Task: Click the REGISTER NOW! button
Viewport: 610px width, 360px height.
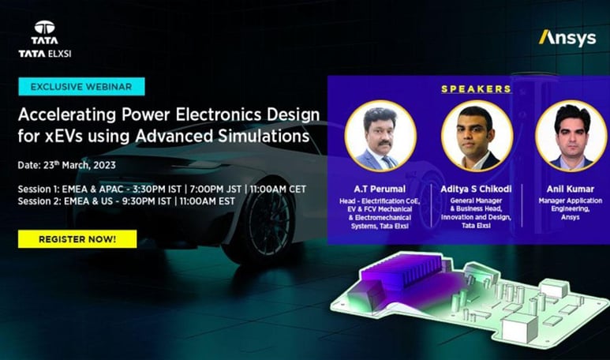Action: tap(77, 238)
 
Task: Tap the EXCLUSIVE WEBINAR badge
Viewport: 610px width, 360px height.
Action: tap(81, 86)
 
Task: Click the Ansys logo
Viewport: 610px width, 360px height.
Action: tap(567, 37)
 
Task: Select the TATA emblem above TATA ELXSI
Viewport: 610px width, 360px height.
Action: tap(45, 29)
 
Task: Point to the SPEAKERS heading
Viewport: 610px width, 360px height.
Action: tap(476, 88)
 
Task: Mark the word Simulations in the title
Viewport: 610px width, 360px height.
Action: tap(265, 135)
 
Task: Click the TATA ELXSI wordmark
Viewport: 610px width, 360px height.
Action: tap(45, 54)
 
